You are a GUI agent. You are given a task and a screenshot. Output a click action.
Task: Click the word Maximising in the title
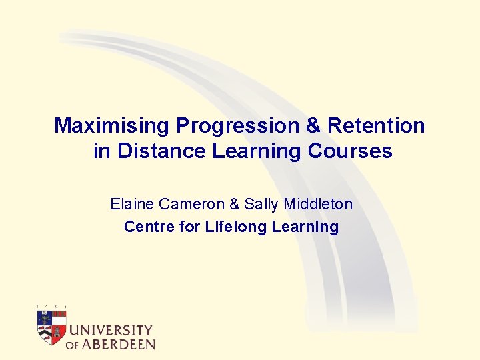pyautogui.click(x=112, y=125)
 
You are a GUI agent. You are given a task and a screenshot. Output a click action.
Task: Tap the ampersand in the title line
pyautogui.click(x=312, y=125)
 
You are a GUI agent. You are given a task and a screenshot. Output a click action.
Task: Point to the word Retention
pyautogui.click(x=377, y=125)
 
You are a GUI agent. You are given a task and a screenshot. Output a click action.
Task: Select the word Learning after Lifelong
pyautogui.click(x=305, y=227)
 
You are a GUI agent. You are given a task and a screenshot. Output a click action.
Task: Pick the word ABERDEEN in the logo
pyautogui.click(x=119, y=345)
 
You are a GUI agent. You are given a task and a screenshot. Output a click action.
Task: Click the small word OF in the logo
pyautogui.click(x=73, y=345)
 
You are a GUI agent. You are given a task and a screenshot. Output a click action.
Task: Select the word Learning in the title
pyautogui.click(x=257, y=151)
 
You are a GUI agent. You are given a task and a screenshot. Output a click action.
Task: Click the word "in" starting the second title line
pyautogui.click(x=102, y=151)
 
